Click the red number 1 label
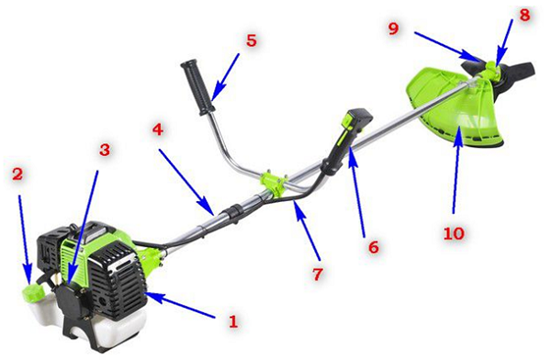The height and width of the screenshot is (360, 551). [233, 321]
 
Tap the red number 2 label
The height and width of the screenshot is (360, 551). [17, 174]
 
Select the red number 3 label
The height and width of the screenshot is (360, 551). [105, 150]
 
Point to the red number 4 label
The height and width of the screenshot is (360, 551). [158, 129]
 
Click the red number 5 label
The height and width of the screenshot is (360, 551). [252, 40]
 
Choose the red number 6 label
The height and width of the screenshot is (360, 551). [374, 247]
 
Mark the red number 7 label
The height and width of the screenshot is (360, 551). [318, 275]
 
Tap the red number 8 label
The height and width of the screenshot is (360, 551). [524, 16]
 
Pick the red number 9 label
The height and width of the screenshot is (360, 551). [394, 28]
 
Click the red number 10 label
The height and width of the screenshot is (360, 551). [454, 233]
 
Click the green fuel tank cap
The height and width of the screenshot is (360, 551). [33, 292]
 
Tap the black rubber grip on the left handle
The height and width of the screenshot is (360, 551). [197, 87]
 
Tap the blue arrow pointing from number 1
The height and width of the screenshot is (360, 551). [180, 305]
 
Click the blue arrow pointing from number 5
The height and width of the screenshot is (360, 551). [226, 77]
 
